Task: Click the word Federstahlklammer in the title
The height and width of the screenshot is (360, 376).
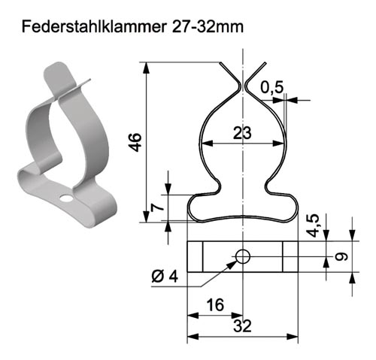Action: click(94, 26)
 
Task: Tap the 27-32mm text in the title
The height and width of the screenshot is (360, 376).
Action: click(208, 26)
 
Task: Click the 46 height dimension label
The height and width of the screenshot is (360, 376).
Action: click(136, 142)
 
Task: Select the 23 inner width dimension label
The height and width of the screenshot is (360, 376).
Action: click(242, 133)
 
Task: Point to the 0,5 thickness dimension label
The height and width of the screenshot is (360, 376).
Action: click(272, 87)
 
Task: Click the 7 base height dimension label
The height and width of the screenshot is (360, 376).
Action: click(157, 207)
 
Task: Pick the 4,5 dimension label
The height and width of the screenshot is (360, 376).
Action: click(314, 225)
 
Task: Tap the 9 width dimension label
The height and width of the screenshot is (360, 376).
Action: click(341, 256)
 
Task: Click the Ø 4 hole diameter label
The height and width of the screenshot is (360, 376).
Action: click(165, 277)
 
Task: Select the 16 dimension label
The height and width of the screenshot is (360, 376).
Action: click(215, 305)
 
